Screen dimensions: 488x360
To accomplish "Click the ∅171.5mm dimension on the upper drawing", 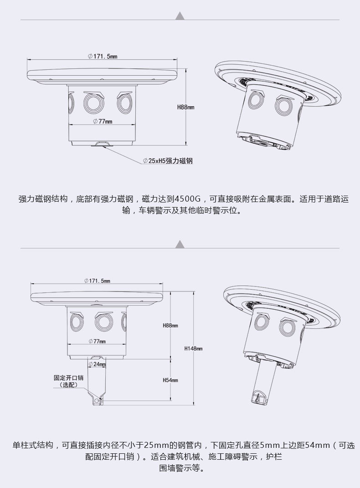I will click(103, 56).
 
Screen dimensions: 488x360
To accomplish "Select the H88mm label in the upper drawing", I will click(185, 107).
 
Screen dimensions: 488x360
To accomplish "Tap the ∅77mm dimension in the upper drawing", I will click(102, 121).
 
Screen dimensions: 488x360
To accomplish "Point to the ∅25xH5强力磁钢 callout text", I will click(167, 161).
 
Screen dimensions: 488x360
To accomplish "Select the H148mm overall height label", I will click(193, 348).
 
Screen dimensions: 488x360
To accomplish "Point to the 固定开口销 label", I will click(68, 378).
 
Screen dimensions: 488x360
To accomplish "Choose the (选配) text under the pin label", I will click(68, 385).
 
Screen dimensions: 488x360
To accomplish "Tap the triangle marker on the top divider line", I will click(180, 16).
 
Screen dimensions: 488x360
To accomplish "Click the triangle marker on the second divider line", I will click(180, 244).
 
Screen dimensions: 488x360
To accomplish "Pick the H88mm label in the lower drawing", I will click(170, 326).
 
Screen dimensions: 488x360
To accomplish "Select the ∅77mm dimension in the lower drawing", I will click(97, 341).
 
